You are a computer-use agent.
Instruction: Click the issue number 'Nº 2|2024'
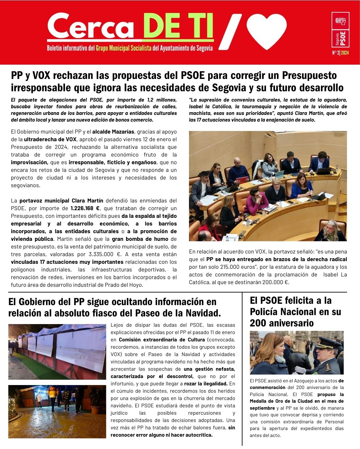[340, 53]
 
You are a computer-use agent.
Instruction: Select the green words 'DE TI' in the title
[178, 27]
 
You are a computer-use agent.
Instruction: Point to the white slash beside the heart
[230, 32]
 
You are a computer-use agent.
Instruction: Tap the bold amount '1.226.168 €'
[85, 209]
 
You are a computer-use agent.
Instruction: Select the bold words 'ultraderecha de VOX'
[55, 139]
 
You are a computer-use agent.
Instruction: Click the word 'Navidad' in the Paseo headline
[200, 313]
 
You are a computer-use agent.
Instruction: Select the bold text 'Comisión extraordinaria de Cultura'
[162, 340]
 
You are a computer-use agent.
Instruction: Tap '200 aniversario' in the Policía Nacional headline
[282, 323]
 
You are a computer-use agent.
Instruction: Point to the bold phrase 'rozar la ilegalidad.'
[206, 384]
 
